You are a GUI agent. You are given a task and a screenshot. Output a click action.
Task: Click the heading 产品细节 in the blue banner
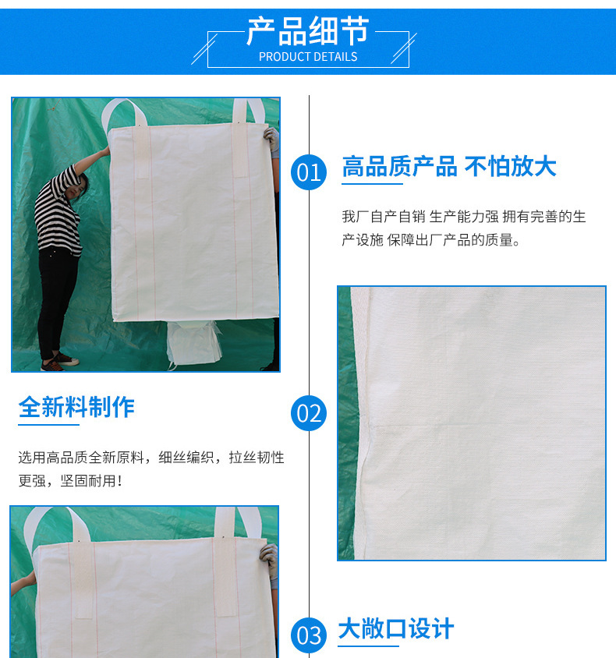click(x=307, y=31)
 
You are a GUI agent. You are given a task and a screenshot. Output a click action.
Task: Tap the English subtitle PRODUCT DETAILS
click(x=308, y=57)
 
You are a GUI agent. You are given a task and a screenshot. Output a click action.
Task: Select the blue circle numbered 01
click(x=309, y=172)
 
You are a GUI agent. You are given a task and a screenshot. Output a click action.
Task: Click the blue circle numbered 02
click(x=309, y=413)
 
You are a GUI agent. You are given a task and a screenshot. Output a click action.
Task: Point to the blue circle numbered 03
click(x=309, y=635)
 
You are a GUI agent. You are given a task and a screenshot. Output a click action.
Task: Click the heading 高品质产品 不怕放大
click(x=449, y=167)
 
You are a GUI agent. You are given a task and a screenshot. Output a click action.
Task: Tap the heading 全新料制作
click(x=76, y=407)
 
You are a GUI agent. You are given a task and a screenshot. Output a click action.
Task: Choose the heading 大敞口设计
click(x=396, y=628)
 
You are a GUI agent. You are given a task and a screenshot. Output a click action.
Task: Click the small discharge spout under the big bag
click(x=193, y=343)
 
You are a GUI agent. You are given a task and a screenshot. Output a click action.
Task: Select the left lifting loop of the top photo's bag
click(x=123, y=112)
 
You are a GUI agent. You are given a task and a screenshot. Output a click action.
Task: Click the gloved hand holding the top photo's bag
click(x=272, y=140)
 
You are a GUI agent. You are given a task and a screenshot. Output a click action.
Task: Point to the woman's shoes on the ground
click(x=59, y=363)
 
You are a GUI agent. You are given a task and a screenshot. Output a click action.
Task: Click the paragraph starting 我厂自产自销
click(x=463, y=228)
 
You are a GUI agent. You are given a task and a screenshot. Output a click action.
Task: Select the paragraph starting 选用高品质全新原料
click(x=151, y=469)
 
